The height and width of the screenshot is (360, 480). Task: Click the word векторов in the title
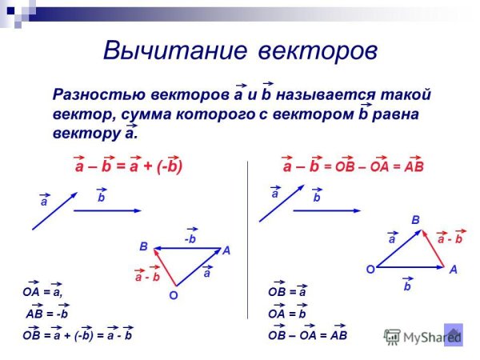click(x=317, y=50)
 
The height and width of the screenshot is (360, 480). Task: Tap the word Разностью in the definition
click(x=94, y=94)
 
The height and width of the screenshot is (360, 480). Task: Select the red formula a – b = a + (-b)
click(x=129, y=167)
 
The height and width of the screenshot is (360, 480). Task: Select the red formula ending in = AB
click(x=353, y=167)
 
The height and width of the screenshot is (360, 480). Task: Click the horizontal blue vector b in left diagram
click(x=107, y=210)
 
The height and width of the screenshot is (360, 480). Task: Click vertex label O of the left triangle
click(x=172, y=296)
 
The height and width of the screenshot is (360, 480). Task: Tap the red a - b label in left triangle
click(x=148, y=277)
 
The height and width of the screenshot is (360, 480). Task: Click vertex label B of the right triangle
click(x=415, y=218)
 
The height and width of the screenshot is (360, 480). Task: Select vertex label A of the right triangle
click(x=453, y=270)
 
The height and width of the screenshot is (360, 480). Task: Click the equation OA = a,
click(x=42, y=293)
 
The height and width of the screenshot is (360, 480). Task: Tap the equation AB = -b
click(x=47, y=314)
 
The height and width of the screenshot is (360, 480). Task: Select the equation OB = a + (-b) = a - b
click(x=77, y=335)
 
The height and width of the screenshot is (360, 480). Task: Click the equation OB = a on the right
click(x=287, y=293)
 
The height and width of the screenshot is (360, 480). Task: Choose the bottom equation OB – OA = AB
click(x=308, y=335)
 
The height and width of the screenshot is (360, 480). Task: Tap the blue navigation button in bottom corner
click(x=454, y=334)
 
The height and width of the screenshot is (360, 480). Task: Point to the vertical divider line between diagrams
click(x=247, y=240)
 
